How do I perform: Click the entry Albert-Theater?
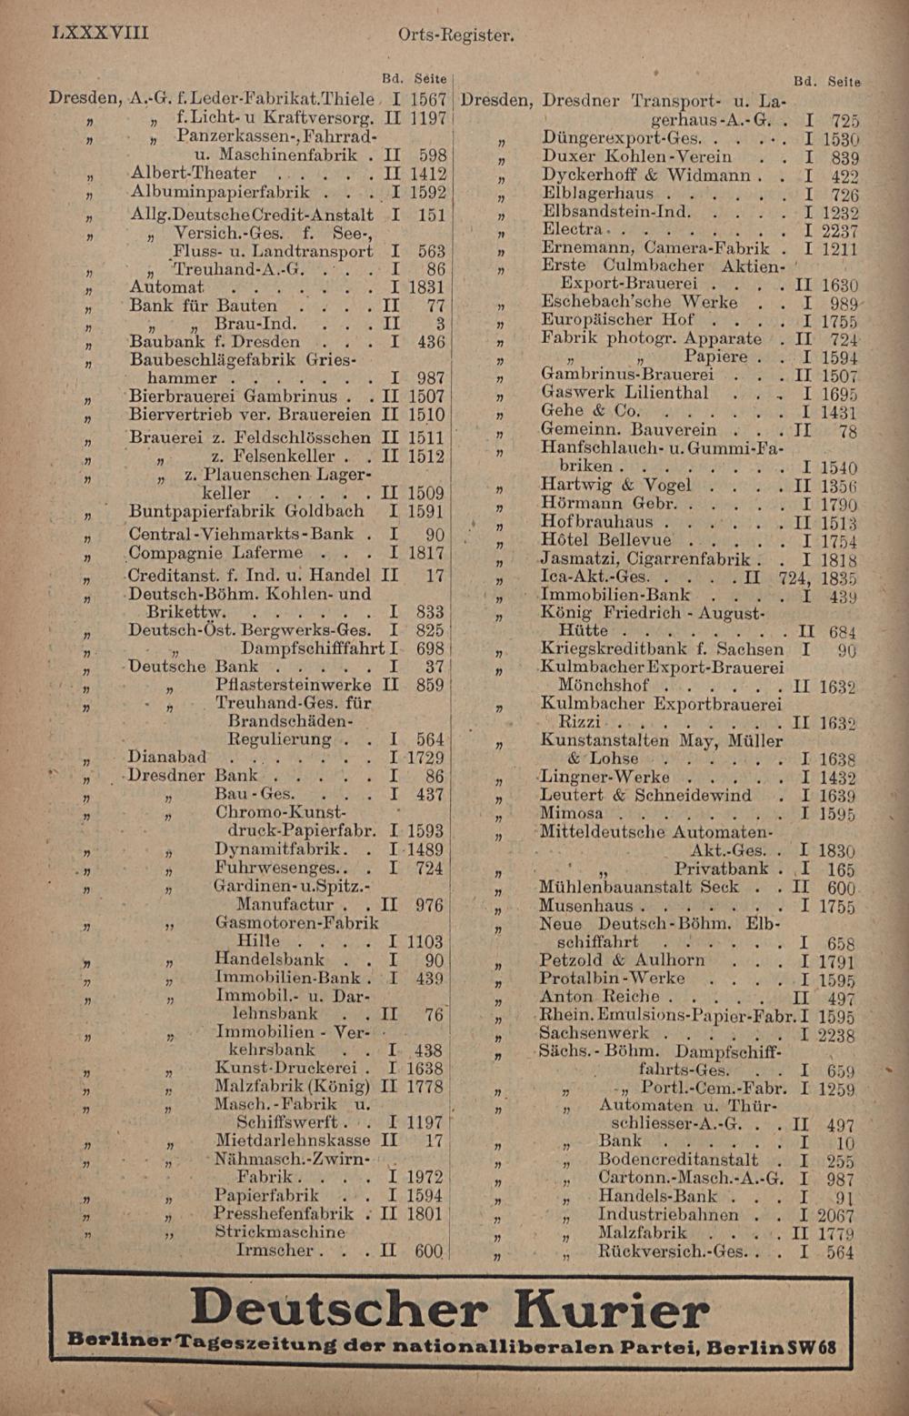(193, 173)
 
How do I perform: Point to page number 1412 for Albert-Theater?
(426, 173)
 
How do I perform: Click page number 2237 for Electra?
(841, 230)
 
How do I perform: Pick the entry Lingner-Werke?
(604, 777)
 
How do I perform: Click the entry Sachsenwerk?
(594, 1033)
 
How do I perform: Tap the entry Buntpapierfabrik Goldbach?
(246, 511)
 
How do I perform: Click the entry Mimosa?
(573, 813)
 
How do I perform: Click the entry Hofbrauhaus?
(596, 522)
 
